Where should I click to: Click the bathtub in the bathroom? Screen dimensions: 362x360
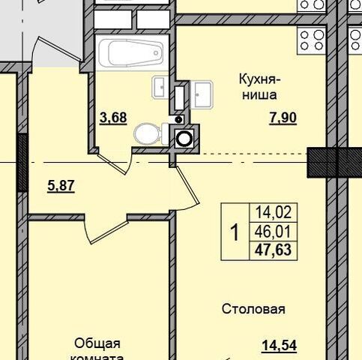pyautogui.click(x=131, y=52)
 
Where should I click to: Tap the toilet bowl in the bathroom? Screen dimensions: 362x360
pyautogui.click(x=148, y=133)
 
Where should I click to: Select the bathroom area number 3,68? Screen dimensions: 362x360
pyautogui.click(x=113, y=118)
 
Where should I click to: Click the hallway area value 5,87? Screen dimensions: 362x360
pyautogui.click(x=61, y=186)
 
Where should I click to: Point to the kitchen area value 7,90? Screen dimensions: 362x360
pyautogui.click(x=283, y=118)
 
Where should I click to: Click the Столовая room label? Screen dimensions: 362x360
pyautogui.click(x=253, y=309)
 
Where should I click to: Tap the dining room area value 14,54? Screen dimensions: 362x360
pyautogui.click(x=280, y=346)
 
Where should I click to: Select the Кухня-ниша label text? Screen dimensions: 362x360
pyautogui.click(x=260, y=87)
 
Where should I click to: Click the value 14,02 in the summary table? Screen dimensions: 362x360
pyautogui.click(x=274, y=213)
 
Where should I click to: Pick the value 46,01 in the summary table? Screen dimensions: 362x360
pyautogui.click(x=273, y=232)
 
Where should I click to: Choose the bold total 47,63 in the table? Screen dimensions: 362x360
pyautogui.click(x=273, y=250)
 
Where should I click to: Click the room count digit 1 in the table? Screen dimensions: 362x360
pyautogui.click(x=235, y=232)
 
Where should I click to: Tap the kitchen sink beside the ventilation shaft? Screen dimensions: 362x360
pyautogui.click(x=202, y=94)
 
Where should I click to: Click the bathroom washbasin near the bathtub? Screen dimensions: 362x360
pyautogui.click(x=160, y=87)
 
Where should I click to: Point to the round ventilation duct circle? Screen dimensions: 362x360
pyautogui.click(x=184, y=138)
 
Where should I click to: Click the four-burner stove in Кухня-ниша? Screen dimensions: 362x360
pyautogui.click(x=311, y=40)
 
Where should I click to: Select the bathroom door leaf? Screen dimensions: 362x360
pyautogui.click(x=112, y=163)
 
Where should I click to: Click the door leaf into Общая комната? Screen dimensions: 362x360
pyautogui.click(x=109, y=232)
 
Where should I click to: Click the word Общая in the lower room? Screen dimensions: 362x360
pyautogui.click(x=97, y=343)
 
